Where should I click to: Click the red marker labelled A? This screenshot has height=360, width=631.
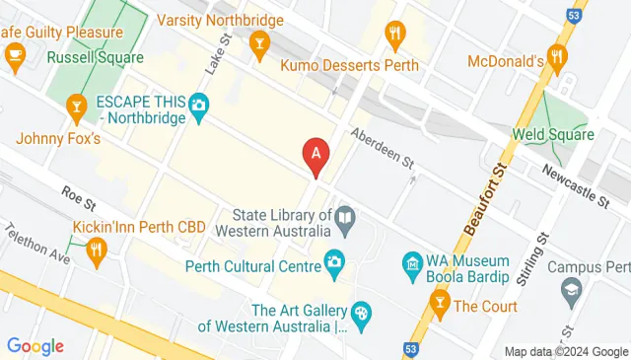point(315,156)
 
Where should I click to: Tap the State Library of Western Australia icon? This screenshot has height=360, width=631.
point(345,216)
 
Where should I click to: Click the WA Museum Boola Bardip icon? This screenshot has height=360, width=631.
point(412,263)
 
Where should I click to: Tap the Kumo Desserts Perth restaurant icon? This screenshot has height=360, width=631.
point(396,34)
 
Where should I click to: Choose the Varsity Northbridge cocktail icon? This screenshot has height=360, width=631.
point(259,41)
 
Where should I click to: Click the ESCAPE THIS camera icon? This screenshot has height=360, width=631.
point(198,104)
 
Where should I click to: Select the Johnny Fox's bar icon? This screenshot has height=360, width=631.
point(77,105)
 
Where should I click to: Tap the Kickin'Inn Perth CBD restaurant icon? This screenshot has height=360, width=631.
point(95,252)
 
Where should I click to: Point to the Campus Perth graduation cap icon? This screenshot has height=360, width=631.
point(571,290)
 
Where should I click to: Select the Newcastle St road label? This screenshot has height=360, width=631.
point(576,186)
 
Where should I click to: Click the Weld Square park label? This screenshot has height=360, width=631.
point(551,133)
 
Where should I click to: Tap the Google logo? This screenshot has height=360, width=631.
point(35,346)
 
